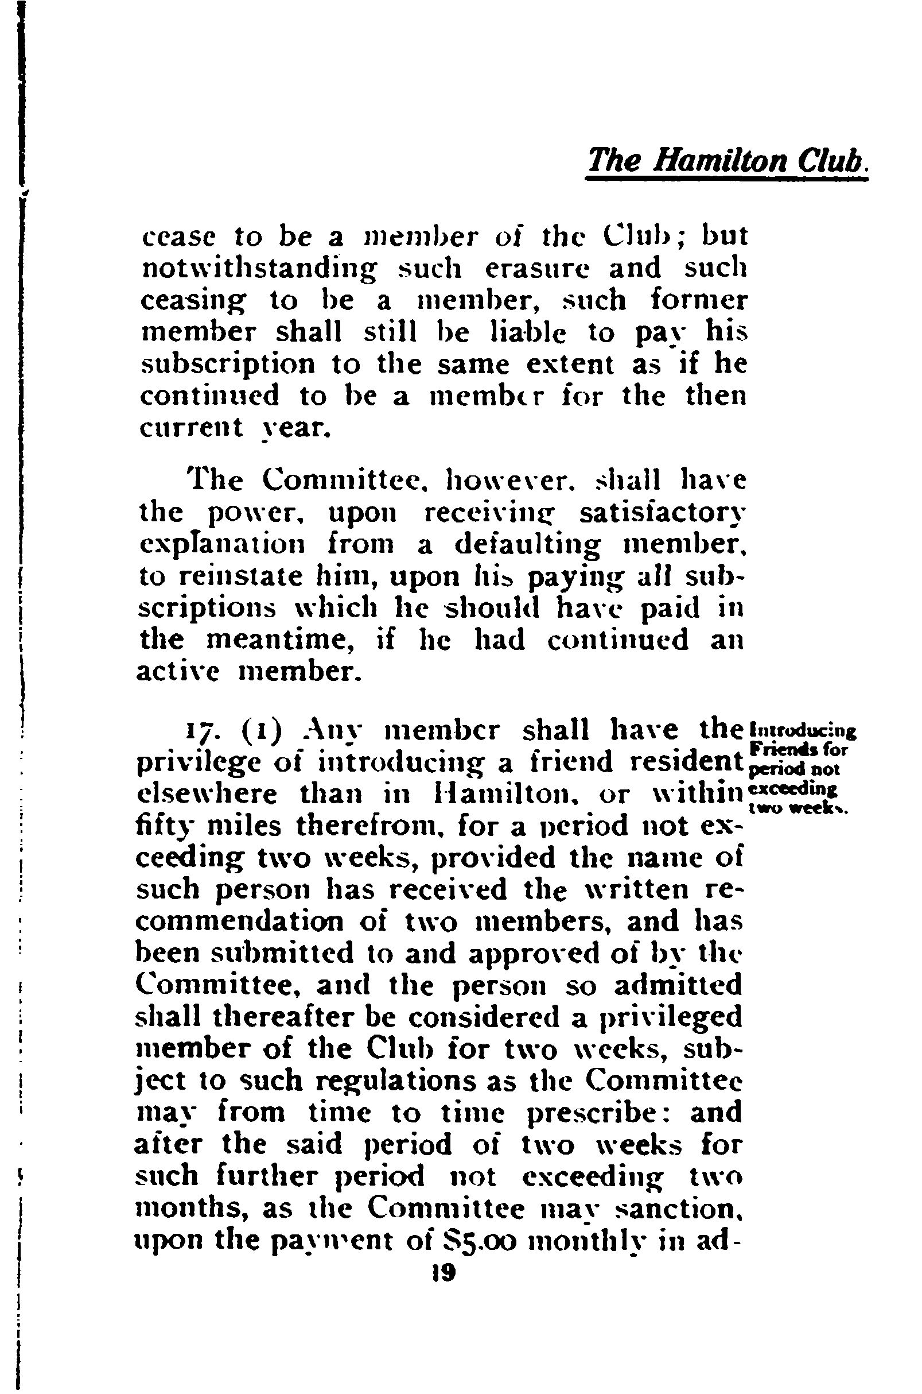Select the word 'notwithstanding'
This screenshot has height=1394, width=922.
coord(259,269)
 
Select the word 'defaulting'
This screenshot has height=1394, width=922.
coord(528,546)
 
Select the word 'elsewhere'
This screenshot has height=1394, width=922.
coord(207,796)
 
